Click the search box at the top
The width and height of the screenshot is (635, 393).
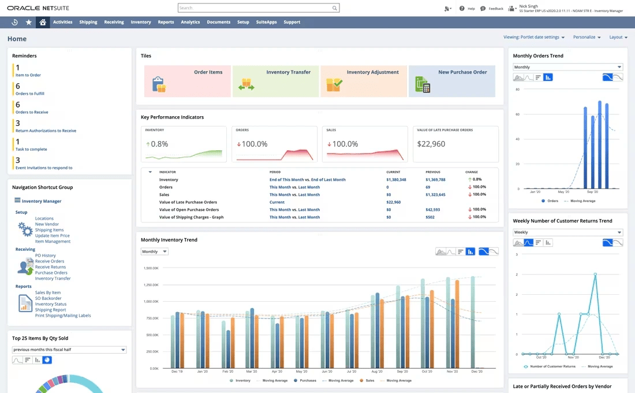click(x=254, y=8)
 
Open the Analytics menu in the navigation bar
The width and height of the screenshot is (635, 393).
click(x=190, y=22)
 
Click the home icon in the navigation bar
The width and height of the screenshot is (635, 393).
click(x=42, y=22)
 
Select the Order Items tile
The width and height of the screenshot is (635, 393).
click(x=187, y=81)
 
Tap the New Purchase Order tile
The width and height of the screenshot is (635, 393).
click(x=451, y=81)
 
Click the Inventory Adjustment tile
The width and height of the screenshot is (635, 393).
click(x=364, y=81)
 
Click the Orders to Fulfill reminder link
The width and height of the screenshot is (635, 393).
click(x=30, y=94)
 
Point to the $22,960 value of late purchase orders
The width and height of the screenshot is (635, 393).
click(x=431, y=144)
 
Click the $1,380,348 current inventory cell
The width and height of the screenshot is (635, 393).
click(x=396, y=180)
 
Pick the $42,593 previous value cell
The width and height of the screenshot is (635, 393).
click(x=432, y=210)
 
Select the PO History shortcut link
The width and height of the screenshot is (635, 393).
click(x=45, y=255)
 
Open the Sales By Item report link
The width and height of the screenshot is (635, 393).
click(x=47, y=293)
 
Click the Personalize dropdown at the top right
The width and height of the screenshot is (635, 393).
click(x=587, y=37)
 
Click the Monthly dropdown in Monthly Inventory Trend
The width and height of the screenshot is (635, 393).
click(x=154, y=252)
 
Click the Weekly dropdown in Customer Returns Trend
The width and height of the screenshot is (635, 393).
click(x=567, y=232)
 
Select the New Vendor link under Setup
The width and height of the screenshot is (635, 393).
click(x=47, y=224)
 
